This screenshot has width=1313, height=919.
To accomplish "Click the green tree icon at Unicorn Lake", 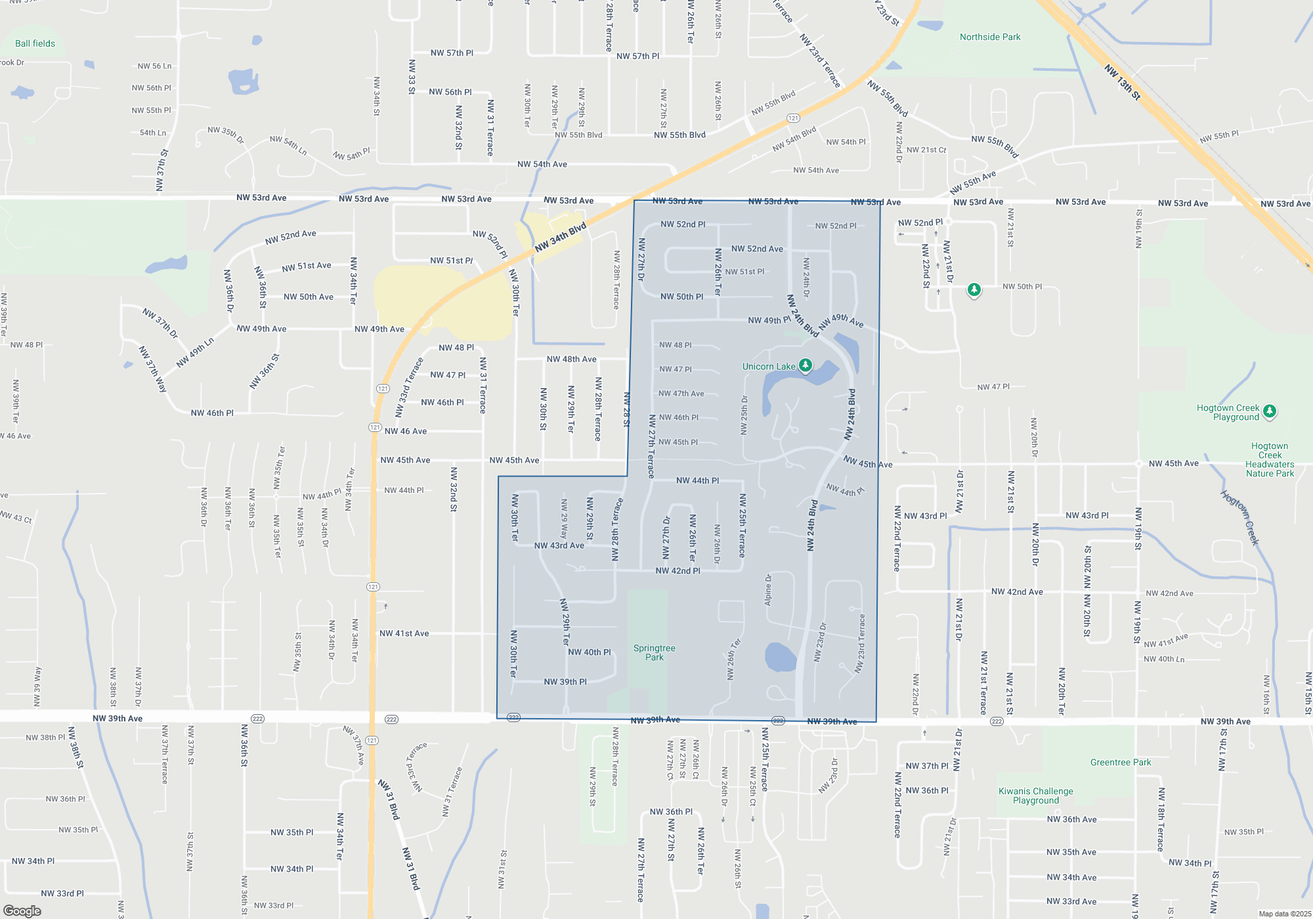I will (805, 365).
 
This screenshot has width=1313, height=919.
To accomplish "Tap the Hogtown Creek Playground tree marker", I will (1270, 411).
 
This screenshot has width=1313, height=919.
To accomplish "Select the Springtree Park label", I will (654, 652).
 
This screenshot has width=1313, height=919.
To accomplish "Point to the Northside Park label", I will (990, 37).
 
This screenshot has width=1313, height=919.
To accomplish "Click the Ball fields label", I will (35, 43).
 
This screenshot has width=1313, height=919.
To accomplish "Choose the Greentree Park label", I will (1121, 762).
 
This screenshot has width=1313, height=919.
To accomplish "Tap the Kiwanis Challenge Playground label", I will (1036, 796).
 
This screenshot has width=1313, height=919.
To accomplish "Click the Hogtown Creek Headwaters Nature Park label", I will (1270, 460).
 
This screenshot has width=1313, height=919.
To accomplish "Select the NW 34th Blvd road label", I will (560, 238).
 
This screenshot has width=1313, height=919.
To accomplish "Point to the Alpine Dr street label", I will (768, 589).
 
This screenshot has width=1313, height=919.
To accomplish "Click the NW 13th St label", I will (1123, 82).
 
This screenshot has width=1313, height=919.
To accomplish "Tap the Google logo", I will (22, 910).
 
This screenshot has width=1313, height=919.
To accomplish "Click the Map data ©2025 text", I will (1285, 914).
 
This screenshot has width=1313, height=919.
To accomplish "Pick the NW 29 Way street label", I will (564, 519).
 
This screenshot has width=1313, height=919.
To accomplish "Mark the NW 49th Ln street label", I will (195, 353).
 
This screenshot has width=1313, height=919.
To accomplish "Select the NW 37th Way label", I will (153, 370).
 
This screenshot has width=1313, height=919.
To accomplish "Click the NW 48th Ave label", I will (571, 359).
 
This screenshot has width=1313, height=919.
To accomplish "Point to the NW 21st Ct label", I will (926, 150).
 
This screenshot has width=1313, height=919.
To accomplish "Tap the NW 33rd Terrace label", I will (408, 388).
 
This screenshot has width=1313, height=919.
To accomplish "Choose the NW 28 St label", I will (626, 409).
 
